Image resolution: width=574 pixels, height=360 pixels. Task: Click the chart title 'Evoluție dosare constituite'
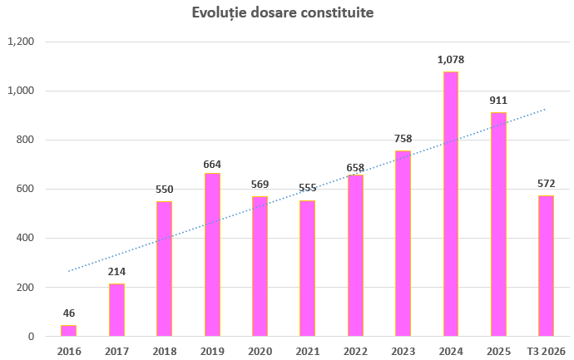coord(283,13)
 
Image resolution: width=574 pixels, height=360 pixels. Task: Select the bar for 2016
coord(68,331)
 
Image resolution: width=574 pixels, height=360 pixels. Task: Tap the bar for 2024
coord(451,204)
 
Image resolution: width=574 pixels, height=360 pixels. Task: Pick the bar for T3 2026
coord(546,266)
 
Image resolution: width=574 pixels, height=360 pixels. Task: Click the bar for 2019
coord(212,254)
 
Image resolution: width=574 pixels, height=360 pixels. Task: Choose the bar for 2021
coord(308,269)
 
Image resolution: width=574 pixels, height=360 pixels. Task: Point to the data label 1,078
coord(451,60)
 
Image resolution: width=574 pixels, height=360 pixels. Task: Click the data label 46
coord(69,313)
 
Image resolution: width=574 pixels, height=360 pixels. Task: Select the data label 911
coord(498,101)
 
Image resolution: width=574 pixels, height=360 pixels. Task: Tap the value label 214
coord(116,272)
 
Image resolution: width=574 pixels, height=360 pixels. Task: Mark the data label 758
coord(403,139)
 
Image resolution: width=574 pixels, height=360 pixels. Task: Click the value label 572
coord(547,183)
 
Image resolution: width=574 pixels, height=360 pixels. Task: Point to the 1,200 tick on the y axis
coord(21,42)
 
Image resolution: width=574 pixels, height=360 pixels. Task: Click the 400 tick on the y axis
coord(25,238)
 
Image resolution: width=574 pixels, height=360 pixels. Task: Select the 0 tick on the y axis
coord(31,336)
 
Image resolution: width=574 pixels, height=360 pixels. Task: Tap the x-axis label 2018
coord(165,352)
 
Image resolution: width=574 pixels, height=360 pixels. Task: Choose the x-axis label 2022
coord(355,352)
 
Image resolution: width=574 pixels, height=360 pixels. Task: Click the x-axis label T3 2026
coord(547,352)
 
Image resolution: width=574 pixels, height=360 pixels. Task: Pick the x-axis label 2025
coord(498,352)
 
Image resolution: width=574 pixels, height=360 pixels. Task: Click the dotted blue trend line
coord(307,190)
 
